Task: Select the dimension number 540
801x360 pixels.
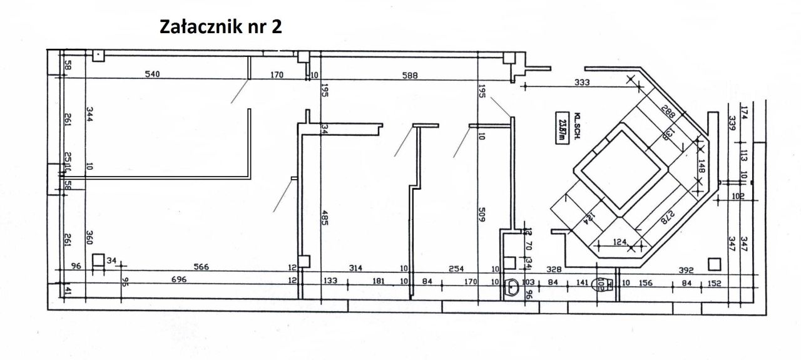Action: pyautogui.click(x=152, y=75)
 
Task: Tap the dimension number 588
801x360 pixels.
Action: pyautogui.click(x=410, y=75)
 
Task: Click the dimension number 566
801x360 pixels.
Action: pyautogui.click(x=201, y=267)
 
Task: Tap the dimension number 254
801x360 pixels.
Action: pyautogui.click(x=456, y=268)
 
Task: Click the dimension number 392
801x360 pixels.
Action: pyautogui.click(x=686, y=270)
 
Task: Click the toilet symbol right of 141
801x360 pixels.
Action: pyautogui.click(x=603, y=285)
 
